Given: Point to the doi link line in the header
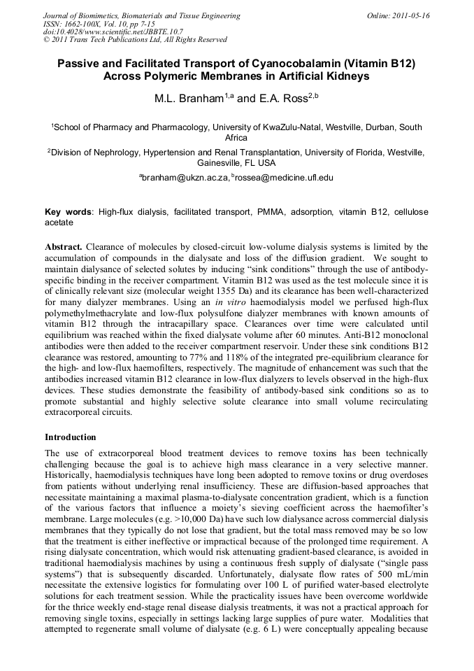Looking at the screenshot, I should click(x=113, y=31).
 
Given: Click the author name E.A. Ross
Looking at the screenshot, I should click(x=284, y=99).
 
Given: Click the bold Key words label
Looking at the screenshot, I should click(x=69, y=211).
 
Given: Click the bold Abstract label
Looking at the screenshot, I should click(x=64, y=247).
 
